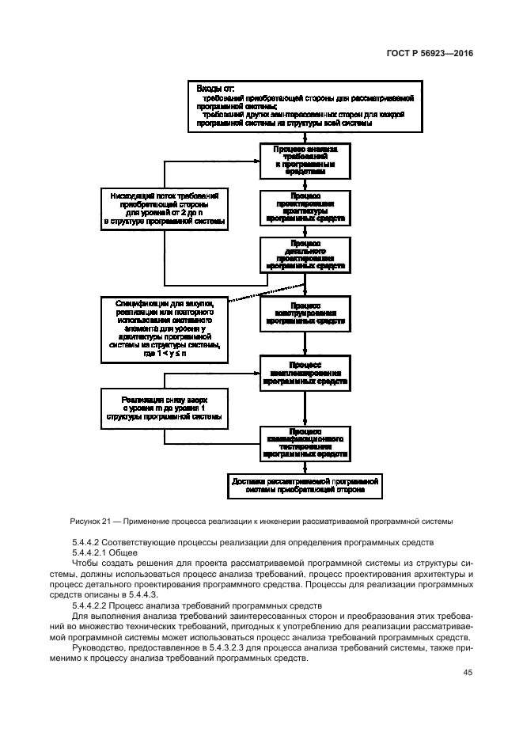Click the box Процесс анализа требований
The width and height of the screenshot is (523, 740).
(305, 160)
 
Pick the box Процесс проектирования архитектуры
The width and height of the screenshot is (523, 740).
(305, 207)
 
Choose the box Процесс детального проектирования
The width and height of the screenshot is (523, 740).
(305, 256)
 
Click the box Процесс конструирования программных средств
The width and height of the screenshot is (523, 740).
(305, 313)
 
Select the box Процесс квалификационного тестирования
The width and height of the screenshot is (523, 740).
(305, 443)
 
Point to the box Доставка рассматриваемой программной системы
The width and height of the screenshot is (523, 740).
(305, 485)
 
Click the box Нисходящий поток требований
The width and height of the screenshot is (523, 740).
(165, 208)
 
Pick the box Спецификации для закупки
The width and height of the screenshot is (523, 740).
(165, 326)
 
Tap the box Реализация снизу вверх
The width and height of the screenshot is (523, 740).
(165, 407)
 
